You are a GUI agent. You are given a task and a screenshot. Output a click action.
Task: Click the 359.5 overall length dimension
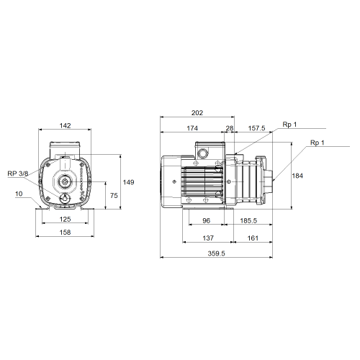[x=216, y=253]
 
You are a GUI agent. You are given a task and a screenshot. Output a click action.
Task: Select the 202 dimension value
[x=197, y=113]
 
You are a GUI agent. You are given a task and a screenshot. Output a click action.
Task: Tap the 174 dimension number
[x=192, y=128]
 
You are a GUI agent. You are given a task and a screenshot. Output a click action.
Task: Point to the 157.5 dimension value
[x=256, y=128]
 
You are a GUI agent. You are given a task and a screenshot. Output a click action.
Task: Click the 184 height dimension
[x=297, y=176]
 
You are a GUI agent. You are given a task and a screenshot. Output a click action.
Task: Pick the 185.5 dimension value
[x=248, y=220]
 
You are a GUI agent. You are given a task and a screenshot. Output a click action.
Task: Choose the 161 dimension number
[x=253, y=238]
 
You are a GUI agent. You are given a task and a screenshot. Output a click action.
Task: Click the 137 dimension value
[x=208, y=238]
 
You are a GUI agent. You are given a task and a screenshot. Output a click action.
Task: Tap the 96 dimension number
[x=206, y=220]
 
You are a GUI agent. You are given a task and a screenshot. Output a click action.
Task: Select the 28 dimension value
[x=230, y=128]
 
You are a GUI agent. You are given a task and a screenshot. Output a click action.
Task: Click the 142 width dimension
[x=66, y=125]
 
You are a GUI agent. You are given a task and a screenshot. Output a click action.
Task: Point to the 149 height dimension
[x=128, y=182]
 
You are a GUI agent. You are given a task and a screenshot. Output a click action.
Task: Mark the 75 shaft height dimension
[x=114, y=196]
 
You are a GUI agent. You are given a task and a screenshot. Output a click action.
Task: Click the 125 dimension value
[x=66, y=219]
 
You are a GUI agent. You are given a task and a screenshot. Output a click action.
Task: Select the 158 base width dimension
[x=65, y=233]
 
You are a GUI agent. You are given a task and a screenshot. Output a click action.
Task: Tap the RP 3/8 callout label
[x=18, y=174]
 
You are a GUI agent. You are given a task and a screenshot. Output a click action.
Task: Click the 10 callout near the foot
[x=19, y=194]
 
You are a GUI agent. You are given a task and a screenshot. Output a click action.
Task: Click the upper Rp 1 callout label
[x=289, y=125]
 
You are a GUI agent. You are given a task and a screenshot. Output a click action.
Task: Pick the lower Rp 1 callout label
[x=318, y=143]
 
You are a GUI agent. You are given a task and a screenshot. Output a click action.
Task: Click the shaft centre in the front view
[x=65, y=182]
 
